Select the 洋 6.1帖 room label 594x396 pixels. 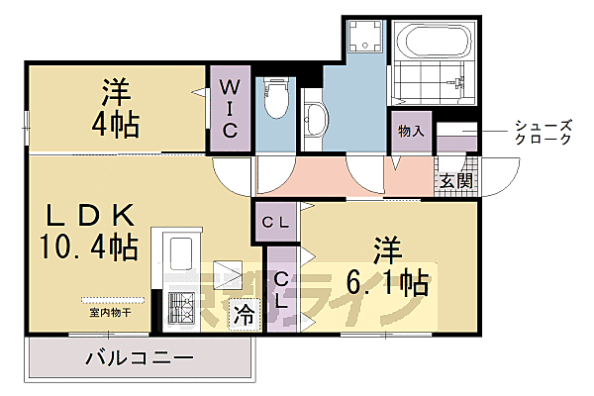click(387, 267)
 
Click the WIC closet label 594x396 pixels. click(229, 108)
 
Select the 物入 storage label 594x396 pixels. click(411, 131)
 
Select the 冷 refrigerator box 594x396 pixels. click(243, 316)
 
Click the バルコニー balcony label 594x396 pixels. click(139, 357)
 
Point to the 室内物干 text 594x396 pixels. click(110, 312)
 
